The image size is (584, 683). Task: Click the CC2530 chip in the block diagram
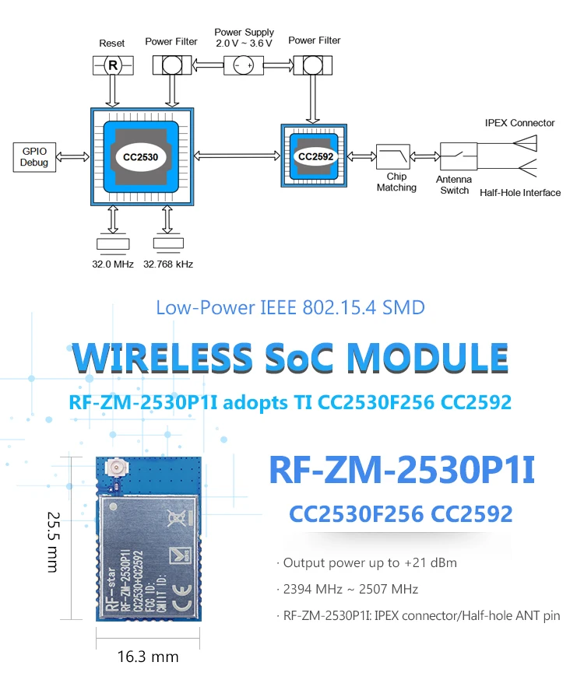[x=141, y=156]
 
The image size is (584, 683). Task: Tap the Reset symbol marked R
[x=112, y=65]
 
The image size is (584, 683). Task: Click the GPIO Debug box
[x=35, y=157]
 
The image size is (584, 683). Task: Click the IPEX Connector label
[x=519, y=123]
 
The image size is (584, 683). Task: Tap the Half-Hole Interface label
[x=520, y=193]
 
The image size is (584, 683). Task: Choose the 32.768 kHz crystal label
[x=168, y=264]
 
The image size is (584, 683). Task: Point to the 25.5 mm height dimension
[x=54, y=541]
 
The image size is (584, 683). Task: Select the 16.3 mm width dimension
[x=148, y=657]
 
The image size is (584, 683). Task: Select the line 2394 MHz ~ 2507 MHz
[x=351, y=589]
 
